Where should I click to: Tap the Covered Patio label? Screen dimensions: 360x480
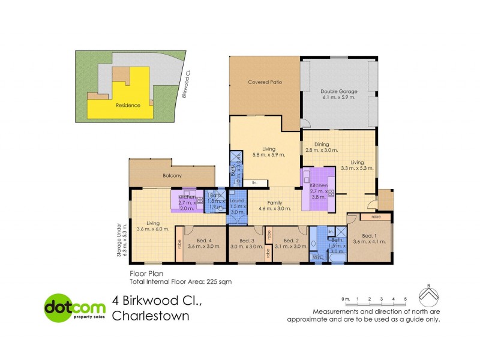point(265,82)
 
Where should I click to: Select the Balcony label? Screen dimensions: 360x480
point(173,176)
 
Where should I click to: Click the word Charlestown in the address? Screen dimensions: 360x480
point(151,316)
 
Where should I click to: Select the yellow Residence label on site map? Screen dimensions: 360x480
point(128,105)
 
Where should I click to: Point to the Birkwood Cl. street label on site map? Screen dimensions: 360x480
point(187,83)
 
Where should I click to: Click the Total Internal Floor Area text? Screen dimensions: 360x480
point(180,280)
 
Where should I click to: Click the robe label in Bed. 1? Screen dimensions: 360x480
point(376,216)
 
